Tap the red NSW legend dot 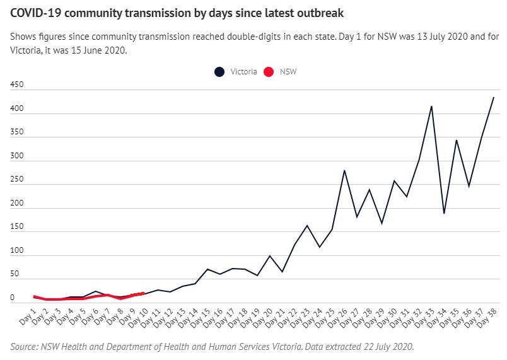point(267,72)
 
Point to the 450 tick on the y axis point(17,90)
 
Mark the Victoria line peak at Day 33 point(431,106)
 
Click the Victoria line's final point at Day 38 point(494,97)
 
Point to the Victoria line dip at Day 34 point(444,213)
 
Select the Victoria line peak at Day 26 point(344,170)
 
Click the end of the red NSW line point(144,293)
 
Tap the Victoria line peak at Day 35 point(456,140)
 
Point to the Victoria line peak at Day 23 point(307,225)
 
